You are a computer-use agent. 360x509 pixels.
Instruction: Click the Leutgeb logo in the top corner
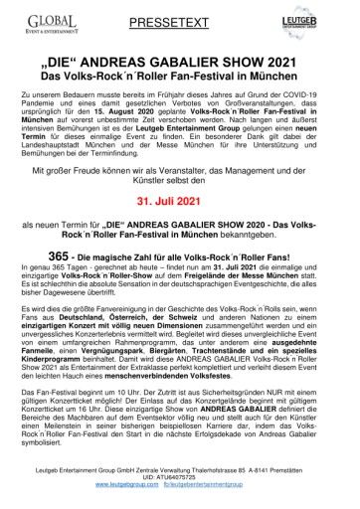pyautogui.click(x=317, y=23)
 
